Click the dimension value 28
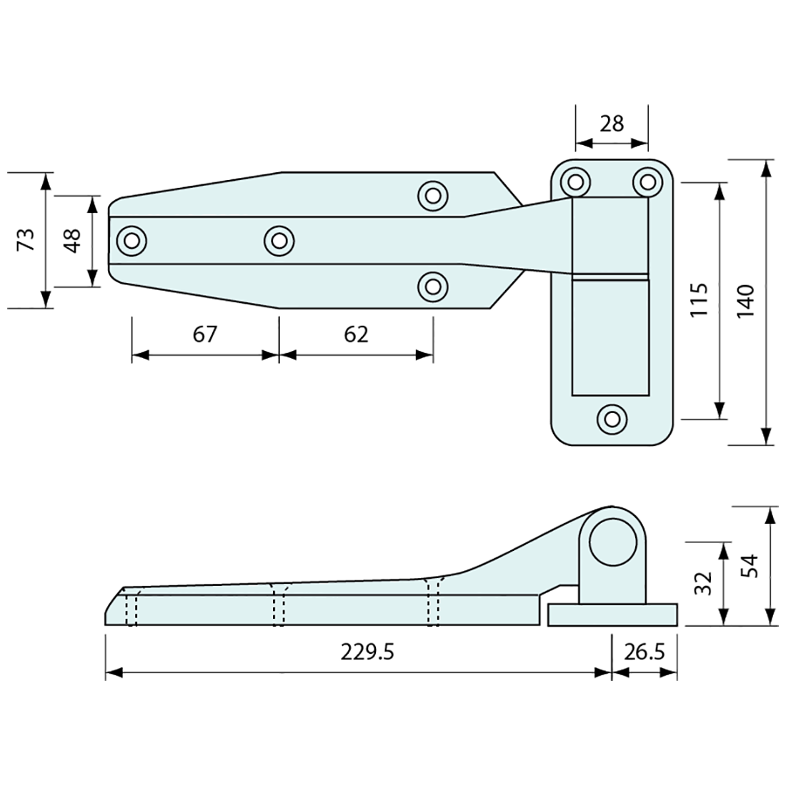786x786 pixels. tap(612, 124)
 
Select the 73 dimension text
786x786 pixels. tap(26, 240)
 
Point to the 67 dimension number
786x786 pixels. tap(204, 334)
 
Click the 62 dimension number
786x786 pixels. tap(355, 334)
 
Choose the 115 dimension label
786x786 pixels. tap(700, 301)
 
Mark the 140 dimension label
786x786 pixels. tap(745, 301)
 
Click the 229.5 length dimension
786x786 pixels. tap(367, 652)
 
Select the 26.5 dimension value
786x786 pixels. tap(645, 652)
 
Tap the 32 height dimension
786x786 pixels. tap(704, 583)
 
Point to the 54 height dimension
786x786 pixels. tap(748, 566)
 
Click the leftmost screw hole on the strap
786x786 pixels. tap(131, 240)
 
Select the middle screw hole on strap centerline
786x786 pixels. tap(279, 240)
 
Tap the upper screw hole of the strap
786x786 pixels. tap(432, 195)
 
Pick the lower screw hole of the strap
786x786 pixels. tap(432, 286)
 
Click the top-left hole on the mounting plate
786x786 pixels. tap(575, 181)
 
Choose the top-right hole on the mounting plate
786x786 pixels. tap(647, 181)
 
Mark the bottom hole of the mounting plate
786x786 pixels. tap(612, 418)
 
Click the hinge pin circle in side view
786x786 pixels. tap(612, 542)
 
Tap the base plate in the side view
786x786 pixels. tap(612, 615)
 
